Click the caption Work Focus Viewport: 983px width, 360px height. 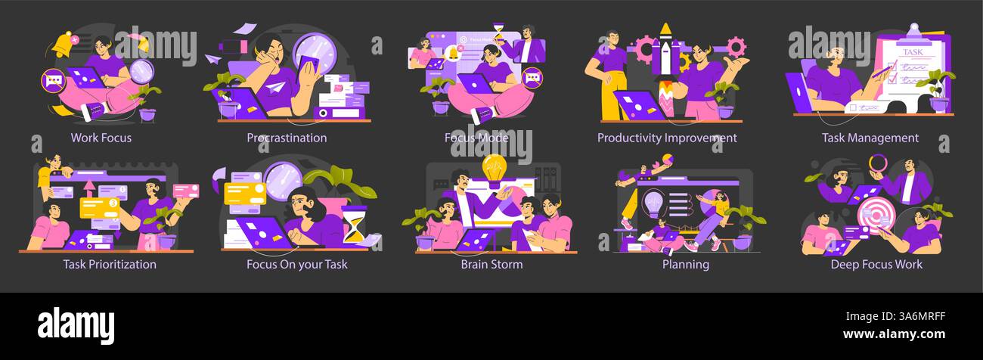101,138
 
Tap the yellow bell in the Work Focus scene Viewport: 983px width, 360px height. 63,45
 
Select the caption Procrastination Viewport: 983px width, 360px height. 287,138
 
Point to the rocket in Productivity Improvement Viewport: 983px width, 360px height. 665,66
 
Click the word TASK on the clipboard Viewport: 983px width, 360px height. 913,51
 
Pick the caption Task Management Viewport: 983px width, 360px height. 870,138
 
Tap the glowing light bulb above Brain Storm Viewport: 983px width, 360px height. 494,169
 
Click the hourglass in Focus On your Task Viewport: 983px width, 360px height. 354,225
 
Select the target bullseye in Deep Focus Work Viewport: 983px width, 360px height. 876,216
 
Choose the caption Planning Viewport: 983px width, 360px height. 686,264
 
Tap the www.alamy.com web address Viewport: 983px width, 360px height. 894,334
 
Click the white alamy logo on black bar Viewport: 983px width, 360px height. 76,325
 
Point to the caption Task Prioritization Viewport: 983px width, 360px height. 110,264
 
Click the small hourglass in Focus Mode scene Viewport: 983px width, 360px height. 498,33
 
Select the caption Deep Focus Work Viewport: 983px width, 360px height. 876,264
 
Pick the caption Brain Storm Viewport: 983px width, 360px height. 491,264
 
